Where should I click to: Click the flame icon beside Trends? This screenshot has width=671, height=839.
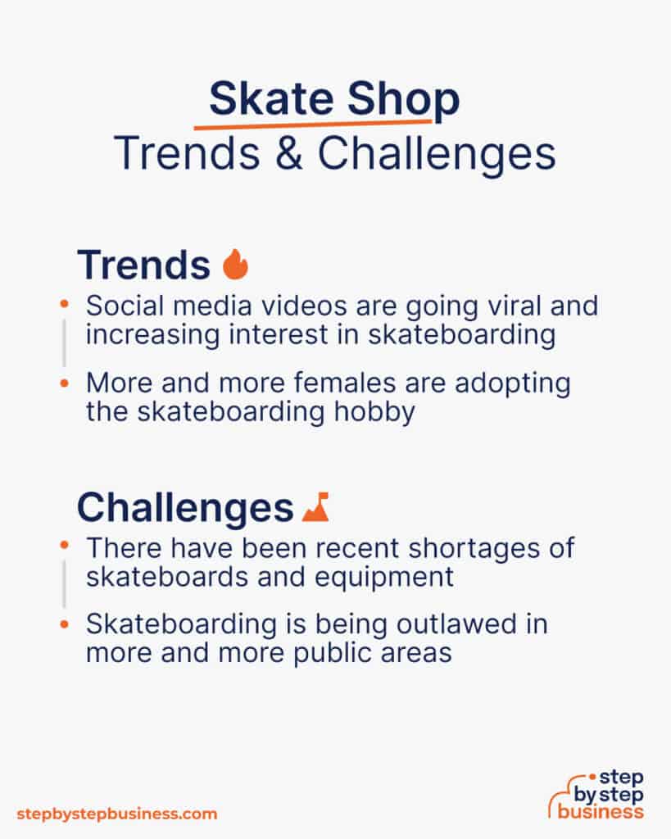tap(235, 264)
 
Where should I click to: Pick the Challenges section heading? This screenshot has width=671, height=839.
tap(184, 508)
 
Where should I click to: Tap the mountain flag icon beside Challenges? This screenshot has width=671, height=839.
tap(315, 507)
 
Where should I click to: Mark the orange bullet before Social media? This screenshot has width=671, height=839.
tap(64, 305)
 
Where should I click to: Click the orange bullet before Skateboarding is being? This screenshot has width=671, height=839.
tap(64, 624)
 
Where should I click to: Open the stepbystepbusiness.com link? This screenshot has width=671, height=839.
tap(117, 814)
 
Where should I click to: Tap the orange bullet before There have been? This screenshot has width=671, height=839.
tap(64, 545)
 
